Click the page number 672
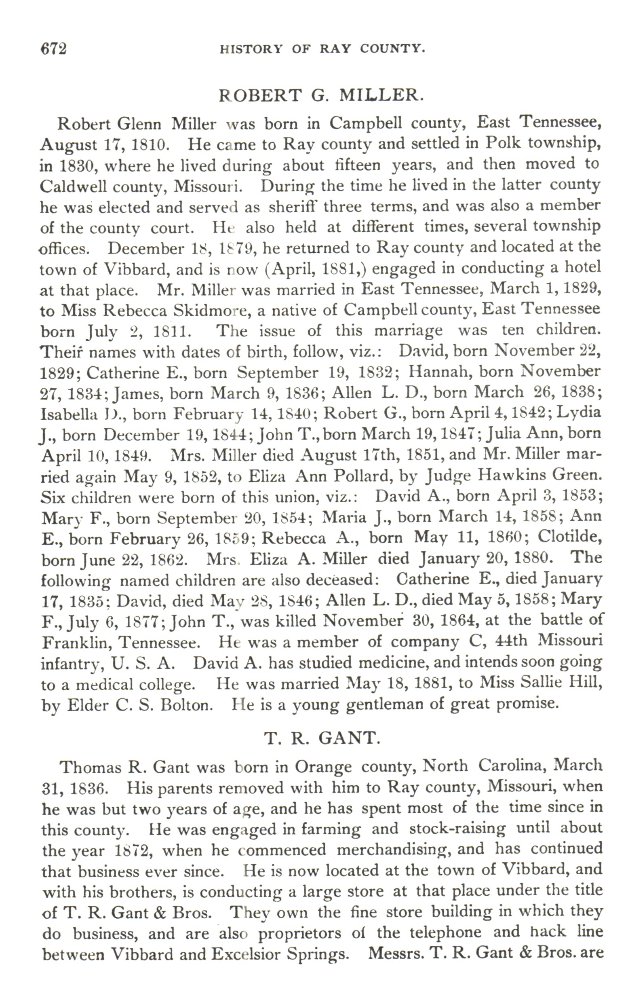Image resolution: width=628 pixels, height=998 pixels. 53,49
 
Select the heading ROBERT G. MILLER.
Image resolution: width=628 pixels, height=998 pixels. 321,96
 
